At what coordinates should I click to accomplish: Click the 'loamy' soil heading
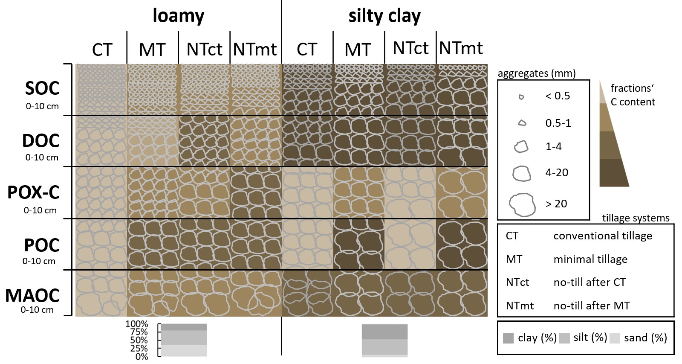click(178, 16)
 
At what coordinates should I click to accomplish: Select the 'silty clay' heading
click(384, 16)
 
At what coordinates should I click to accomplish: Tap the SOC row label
click(42, 89)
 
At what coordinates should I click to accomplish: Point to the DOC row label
click(41, 141)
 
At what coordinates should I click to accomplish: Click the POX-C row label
click(33, 193)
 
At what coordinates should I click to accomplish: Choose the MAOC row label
click(32, 295)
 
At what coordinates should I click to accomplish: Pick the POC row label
click(41, 245)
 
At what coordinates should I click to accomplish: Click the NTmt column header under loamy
click(255, 50)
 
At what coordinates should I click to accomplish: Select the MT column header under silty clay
click(358, 50)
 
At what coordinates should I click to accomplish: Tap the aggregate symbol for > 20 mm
click(522, 204)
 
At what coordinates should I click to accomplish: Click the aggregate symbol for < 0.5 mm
click(521, 97)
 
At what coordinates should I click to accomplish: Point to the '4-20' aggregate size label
click(557, 173)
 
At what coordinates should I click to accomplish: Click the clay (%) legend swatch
click(508, 338)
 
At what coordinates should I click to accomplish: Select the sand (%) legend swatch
click(615, 338)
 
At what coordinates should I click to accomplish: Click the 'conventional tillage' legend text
click(603, 236)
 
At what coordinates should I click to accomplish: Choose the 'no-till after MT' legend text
click(592, 306)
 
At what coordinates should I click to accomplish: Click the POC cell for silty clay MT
click(358, 244)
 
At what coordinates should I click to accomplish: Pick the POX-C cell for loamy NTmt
click(256, 192)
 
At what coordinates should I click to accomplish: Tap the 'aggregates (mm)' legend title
click(537, 73)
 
